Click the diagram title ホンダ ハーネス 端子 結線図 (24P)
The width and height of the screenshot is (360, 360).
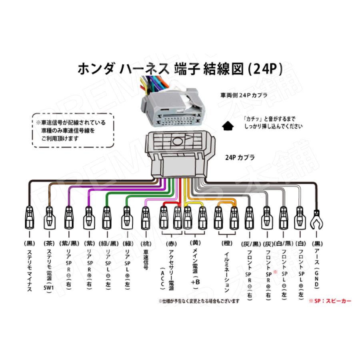(180, 69)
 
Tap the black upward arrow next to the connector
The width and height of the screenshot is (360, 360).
(227, 125)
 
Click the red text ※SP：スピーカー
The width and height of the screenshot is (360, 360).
(330, 300)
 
